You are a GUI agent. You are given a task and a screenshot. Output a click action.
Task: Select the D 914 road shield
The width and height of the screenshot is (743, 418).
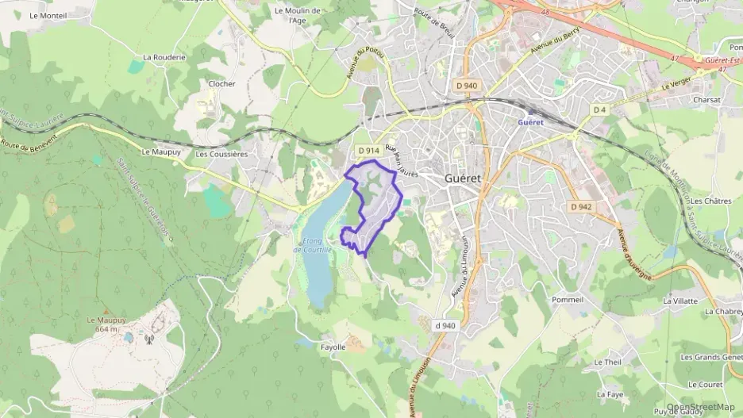click(368, 151)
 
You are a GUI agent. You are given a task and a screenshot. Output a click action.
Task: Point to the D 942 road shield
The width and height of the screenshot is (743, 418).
click(582, 206)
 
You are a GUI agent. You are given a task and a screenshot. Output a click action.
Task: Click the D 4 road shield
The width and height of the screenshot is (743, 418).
click(599, 109)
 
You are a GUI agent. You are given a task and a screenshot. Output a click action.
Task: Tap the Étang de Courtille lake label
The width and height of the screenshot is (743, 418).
click(315, 245)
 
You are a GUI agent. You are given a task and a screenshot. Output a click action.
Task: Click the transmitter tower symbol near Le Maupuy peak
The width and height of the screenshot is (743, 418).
click(148, 339)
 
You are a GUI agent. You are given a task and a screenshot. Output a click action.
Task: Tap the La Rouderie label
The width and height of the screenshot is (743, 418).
click(164, 57)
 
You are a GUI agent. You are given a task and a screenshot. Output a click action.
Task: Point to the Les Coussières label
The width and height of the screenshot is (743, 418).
click(221, 154)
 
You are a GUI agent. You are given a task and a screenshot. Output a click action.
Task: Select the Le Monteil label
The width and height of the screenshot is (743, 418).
click(48, 15)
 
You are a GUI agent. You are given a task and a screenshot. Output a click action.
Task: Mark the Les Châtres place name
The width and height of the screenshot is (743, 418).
click(710, 201)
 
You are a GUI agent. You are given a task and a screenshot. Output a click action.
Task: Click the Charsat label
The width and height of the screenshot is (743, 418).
click(706, 100)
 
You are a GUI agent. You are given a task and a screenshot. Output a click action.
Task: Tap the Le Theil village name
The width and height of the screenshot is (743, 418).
click(607, 362)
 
